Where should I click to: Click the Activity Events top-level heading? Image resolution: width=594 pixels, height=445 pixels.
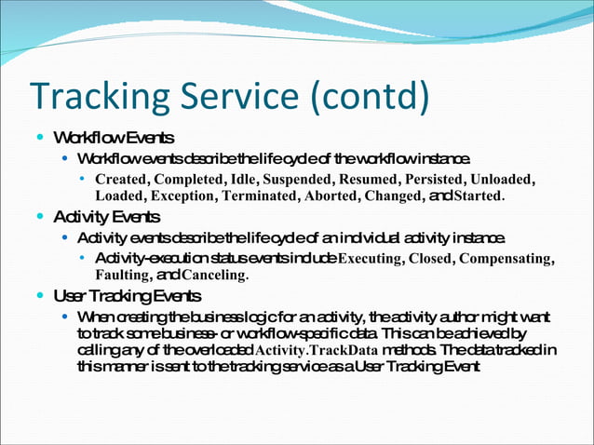(106, 218)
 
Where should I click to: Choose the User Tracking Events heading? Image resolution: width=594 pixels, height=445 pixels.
(127, 297)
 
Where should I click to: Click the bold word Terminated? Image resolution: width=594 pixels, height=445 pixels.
(260, 196)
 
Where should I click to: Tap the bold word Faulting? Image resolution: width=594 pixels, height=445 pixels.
(123, 276)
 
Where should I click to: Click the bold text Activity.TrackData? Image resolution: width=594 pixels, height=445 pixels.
(314, 350)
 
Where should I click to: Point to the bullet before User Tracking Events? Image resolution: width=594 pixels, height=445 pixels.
(37, 297)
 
